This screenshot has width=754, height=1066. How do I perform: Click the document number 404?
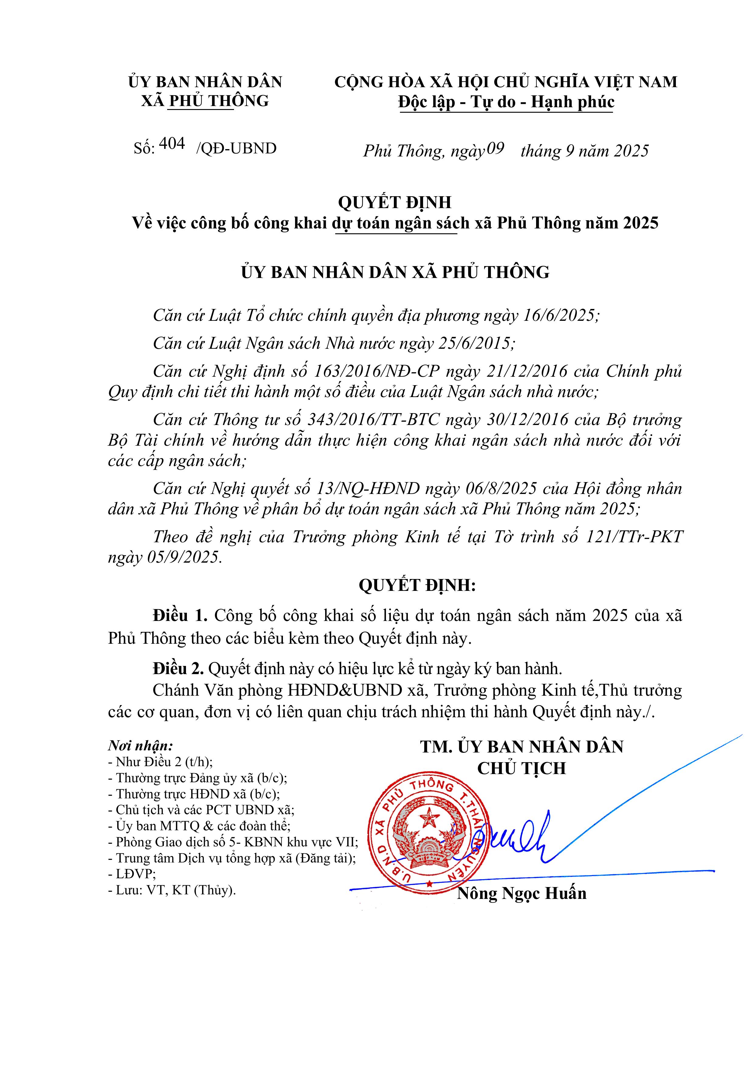pos(172,144)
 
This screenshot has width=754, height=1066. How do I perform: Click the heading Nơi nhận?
pos(140,746)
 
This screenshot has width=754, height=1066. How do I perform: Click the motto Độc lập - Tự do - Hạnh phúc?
pos(506,102)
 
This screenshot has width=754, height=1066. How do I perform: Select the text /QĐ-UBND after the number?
pos(236,149)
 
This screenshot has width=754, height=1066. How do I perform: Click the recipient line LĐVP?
pos(132,874)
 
